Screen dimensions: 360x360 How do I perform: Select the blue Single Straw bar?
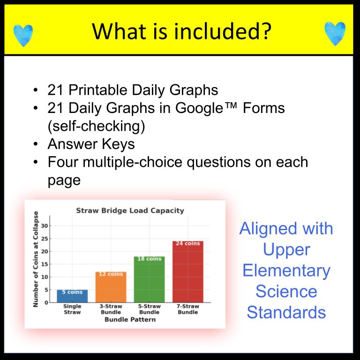72,296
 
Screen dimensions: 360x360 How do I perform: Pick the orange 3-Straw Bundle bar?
111,287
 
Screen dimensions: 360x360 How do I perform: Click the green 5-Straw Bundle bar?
149,279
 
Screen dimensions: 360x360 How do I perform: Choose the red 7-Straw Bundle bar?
188,271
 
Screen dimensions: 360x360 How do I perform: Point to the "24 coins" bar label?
188,243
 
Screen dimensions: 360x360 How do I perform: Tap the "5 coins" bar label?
72,292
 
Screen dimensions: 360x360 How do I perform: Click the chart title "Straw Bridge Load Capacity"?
130,210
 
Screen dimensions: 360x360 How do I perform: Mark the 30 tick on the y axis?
45,225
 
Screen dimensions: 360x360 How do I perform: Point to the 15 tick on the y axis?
45,264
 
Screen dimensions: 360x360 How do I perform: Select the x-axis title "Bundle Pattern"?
130,319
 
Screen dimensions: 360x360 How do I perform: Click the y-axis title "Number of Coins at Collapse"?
35,259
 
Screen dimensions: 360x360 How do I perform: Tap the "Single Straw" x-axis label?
72,309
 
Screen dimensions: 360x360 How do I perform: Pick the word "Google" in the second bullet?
199,108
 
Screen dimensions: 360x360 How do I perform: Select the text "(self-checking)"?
96,126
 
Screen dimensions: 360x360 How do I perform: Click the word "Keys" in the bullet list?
118,144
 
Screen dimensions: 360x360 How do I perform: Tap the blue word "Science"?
286,292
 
